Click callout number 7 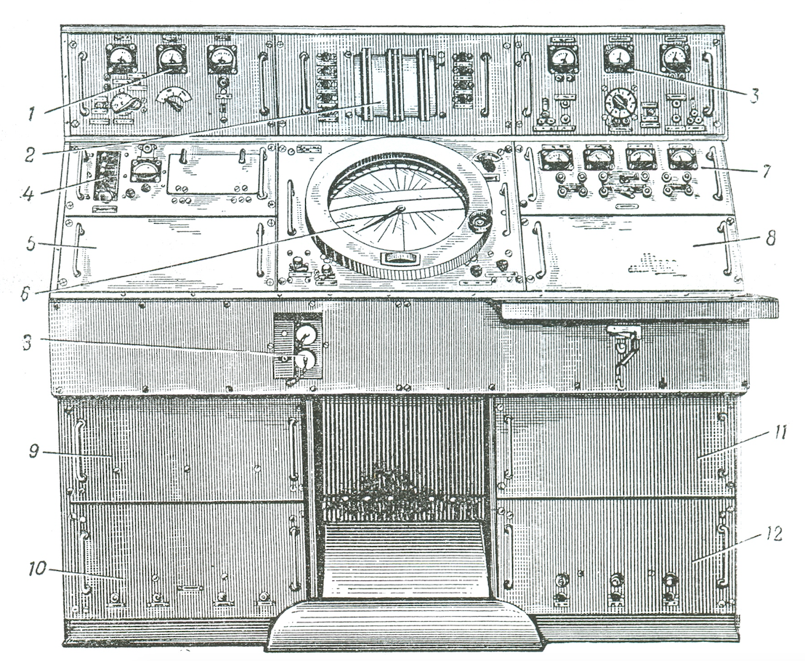[x=766, y=171]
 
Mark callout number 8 [x=770, y=238]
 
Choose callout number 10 [x=36, y=568]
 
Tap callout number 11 [x=780, y=433]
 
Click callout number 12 [x=773, y=534]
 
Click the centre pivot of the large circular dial [x=400, y=209]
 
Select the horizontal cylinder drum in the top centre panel [x=396, y=85]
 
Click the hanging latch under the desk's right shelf [x=624, y=354]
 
